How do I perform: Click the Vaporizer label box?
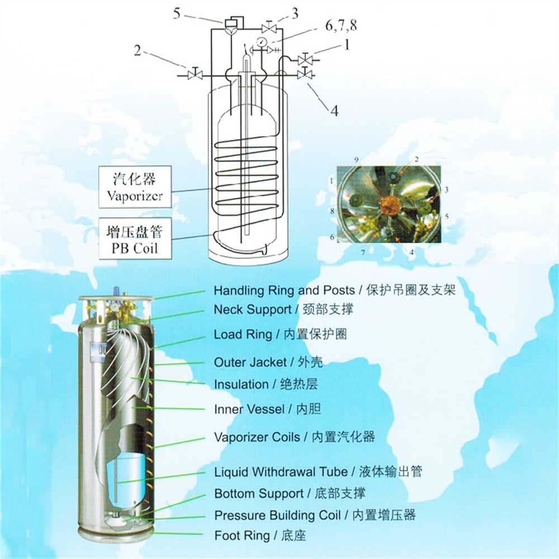[x=135, y=187]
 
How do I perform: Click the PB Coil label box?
[x=135, y=238]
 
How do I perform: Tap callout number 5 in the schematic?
[x=177, y=13]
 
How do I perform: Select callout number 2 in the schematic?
[x=138, y=51]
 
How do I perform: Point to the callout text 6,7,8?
[x=341, y=26]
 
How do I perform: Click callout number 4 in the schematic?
[x=334, y=111]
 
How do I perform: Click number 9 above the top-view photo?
[x=356, y=160]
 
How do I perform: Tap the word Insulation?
[x=241, y=385]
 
